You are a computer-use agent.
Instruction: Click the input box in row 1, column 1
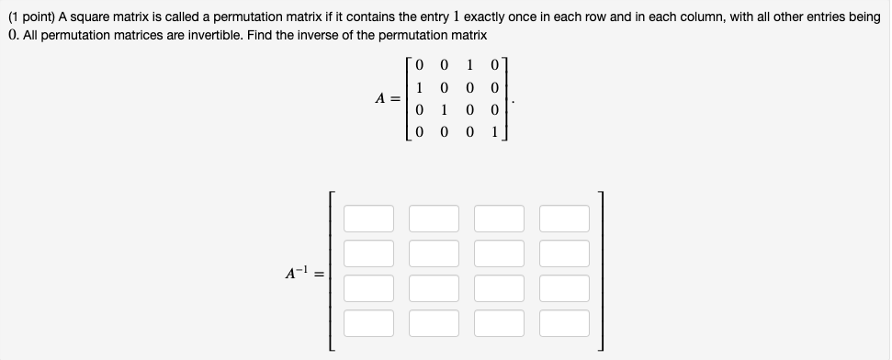point(369,219)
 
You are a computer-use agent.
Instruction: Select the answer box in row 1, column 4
point(565,219)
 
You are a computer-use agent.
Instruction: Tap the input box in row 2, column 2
point(435,253)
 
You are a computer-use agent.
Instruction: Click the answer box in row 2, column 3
point(500,253)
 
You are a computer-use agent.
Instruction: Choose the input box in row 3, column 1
point(369,288)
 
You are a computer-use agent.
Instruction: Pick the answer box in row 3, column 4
point(565,288)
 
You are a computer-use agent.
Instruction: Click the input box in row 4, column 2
point(435,323)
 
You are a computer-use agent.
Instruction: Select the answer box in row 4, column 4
point(565,323)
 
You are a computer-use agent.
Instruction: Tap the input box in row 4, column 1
point(369,323)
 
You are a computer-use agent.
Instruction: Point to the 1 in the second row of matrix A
point(419,88)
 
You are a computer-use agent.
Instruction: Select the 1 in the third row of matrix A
point(445,110)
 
